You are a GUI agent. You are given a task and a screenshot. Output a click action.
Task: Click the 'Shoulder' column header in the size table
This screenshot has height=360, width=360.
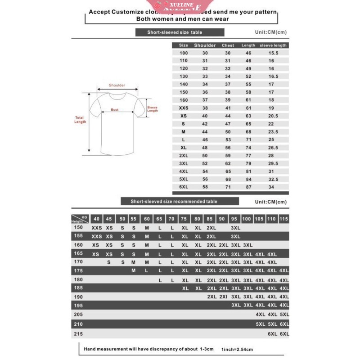(205, 45)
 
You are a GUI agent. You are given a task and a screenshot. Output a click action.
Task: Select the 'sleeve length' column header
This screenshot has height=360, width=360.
(273, 45)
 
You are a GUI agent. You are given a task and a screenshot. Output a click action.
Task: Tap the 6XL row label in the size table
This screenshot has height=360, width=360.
(183, 186)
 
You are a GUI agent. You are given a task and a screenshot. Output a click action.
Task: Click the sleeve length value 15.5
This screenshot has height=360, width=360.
(274, 53)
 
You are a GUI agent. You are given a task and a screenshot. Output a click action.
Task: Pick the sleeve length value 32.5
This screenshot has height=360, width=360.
(274, 179)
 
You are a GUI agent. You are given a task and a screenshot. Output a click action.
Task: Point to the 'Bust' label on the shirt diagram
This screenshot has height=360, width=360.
(115, 109)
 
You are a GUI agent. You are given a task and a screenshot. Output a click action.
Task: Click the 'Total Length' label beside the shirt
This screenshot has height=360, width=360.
(80, 120)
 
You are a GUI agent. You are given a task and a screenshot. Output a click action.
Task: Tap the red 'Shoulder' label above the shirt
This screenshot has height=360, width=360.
(117, 85)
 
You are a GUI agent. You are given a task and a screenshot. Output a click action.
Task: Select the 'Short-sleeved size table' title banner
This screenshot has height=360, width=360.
(180, 32)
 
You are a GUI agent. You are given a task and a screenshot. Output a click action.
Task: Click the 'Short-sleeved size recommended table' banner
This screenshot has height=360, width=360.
(180, 202)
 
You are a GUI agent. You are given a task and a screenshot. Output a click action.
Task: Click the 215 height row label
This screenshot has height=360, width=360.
(78, 334)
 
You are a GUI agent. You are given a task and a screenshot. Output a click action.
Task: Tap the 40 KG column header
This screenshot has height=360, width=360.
(96, 219)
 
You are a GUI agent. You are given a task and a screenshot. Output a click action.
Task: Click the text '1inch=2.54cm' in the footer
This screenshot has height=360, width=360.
(237, 349)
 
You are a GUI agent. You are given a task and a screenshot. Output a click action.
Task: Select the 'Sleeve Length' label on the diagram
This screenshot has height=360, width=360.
(153, 109)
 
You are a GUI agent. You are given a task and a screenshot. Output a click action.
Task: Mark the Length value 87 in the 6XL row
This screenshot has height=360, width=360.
(248, 186)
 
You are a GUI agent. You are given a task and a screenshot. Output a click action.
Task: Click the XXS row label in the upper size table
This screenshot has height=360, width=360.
(183, 108)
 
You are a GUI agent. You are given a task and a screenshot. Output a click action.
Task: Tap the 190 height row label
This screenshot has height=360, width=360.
(78, 297)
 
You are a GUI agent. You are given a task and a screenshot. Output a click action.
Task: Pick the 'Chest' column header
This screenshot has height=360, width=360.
(228, 45)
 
